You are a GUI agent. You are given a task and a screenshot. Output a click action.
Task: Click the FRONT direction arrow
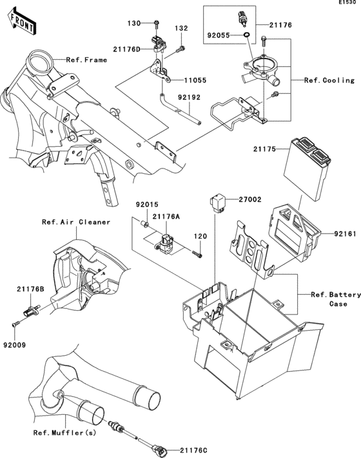coord(22,22)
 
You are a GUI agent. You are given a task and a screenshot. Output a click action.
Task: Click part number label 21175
coord(264,149)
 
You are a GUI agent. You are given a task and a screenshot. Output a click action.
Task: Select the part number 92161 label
coord(345,234)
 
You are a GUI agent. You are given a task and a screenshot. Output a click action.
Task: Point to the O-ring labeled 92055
coord(246,35)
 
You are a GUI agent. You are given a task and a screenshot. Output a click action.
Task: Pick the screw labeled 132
coord(180,49)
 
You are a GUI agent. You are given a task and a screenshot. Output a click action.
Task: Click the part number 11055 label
coord(195,80)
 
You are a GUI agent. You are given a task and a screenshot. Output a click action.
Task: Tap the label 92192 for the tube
coord(189,97)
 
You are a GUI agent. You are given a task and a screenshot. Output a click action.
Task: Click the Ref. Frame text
coord(86,60)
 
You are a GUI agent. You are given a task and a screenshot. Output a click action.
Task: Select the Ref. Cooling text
coord(329,80)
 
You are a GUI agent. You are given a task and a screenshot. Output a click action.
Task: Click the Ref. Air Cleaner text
coord(76,222)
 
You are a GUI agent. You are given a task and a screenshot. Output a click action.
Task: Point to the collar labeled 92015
coord(145,224)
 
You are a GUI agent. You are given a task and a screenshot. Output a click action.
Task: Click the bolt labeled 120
coord(197,254)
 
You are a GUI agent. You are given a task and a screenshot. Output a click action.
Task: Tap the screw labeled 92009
coord(16,324)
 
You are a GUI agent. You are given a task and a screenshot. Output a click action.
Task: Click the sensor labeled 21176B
coord(31,312)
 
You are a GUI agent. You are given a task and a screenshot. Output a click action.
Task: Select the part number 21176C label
coord(193,450)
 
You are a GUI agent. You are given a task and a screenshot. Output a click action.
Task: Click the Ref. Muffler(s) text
coord(64,432)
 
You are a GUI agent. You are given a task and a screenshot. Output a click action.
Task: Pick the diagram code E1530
coord(347,3)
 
